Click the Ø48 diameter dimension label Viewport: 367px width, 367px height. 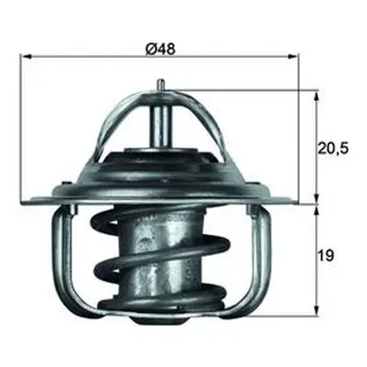(161, 49)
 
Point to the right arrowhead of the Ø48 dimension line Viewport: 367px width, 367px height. (293, 57)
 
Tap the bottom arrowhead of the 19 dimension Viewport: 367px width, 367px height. (317, 311)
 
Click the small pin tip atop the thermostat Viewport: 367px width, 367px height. (161, 84)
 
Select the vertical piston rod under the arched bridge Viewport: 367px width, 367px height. (161, 127)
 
